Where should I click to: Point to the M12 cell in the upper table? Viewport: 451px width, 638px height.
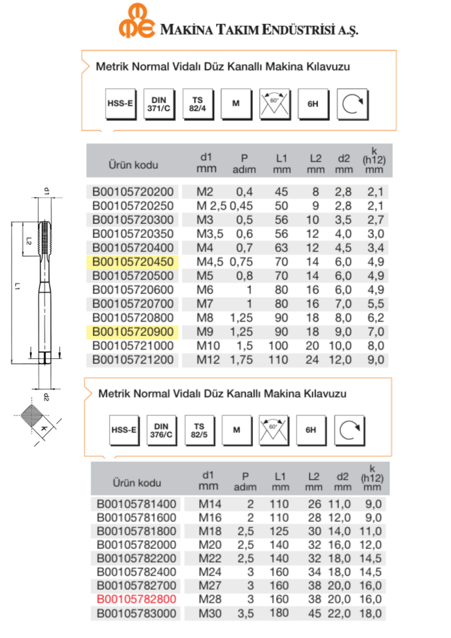pyautogui.click(x=208, y=360)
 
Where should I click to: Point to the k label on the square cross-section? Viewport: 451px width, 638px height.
pyautogui.click(x=43, y=429)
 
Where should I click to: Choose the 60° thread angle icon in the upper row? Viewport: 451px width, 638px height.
pyautogui.click(x=273, y=104)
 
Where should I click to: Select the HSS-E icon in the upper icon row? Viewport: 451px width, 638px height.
pyautogui.click(x=120, y=104)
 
